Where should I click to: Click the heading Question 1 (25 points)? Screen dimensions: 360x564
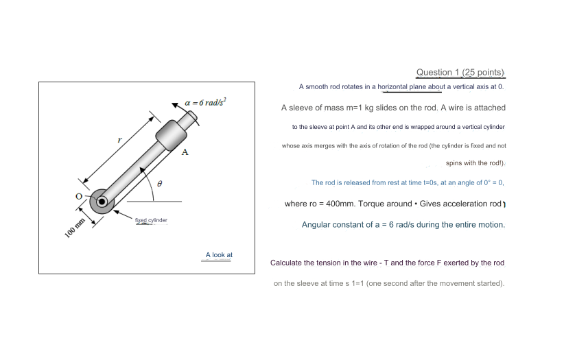click(460, 72)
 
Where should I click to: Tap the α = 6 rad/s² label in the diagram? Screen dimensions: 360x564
click(204, 102)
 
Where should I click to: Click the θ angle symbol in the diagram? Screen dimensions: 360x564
click(159, 184)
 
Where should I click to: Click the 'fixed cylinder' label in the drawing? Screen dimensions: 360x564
click(151, 220)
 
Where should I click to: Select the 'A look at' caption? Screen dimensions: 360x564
click(219, 255)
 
